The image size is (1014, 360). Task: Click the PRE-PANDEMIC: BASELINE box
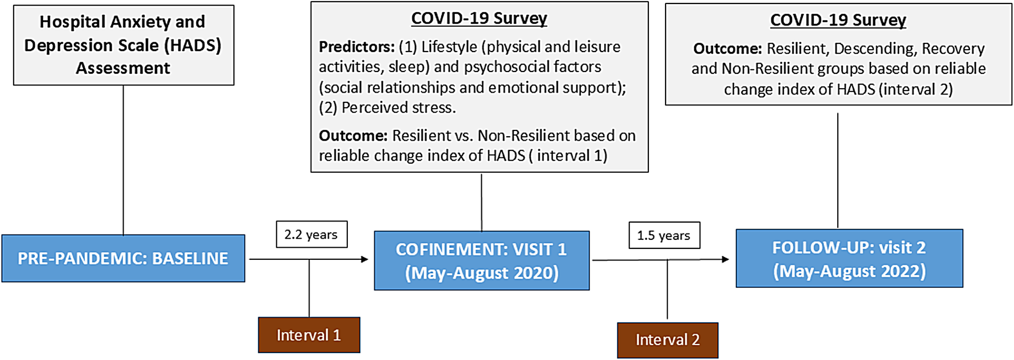click(x=123, y=258)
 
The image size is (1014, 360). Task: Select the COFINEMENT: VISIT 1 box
click(x=482, y=260)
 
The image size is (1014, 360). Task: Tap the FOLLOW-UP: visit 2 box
click(x=849, y=258)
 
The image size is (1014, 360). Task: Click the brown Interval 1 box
click(x=309, y=335)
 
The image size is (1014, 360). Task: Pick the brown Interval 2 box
click(x=668, y=340)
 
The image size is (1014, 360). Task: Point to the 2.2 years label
click(x=311, y=235)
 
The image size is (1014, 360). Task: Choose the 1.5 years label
click(x=664, y=235)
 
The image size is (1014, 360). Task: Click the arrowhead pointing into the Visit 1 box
click(x=365, y=259)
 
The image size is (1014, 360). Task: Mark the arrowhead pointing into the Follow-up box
click(x=726, y=259)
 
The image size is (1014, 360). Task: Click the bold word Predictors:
click(x=357, y=46)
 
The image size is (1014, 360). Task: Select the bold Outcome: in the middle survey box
click(x=353, y=136)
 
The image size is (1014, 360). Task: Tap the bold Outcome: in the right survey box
click(x=727, y=49)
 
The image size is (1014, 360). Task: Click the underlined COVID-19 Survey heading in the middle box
click(x=479, y=18)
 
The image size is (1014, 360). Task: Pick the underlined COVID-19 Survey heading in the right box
click(x=838, y=20)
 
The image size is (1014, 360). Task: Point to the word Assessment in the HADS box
click(x=123, y=68)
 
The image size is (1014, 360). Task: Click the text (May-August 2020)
click(x=482, y=273)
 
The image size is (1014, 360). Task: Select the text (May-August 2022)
click(x=849, y=271)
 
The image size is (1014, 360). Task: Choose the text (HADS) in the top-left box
click(x=192, y=45)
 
